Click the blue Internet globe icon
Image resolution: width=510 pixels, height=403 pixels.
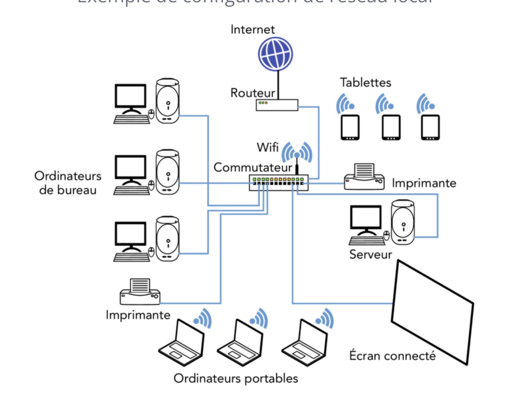[275, 54]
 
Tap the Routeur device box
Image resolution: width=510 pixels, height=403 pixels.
[277, 105]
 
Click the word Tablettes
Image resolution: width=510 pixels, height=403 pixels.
[365, 82]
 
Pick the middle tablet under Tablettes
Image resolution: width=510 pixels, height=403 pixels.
[391, 127]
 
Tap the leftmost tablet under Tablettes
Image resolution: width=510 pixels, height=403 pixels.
[350, 127]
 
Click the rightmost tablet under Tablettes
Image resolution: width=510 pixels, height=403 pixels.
[430, 127]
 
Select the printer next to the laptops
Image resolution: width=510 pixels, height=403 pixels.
[140, 292]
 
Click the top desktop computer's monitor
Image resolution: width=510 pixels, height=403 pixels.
[131, 97]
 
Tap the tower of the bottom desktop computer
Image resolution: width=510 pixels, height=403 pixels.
[168, 238]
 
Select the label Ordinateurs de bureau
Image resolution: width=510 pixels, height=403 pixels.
[68, 183]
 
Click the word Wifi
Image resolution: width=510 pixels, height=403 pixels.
[267, 147]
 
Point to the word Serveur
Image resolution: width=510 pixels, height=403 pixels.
[370, 254]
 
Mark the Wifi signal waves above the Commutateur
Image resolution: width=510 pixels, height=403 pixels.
[297, 152]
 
